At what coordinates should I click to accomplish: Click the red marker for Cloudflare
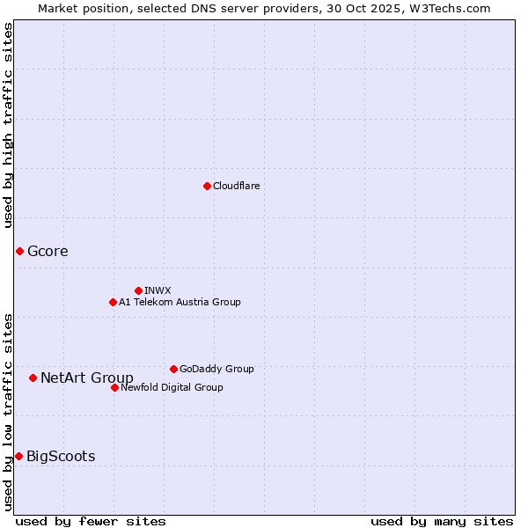click(207, 186)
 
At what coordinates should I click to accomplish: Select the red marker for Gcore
click(19, 251)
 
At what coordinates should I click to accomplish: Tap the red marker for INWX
click(138, 290)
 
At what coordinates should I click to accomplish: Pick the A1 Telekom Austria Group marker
click(113, 302)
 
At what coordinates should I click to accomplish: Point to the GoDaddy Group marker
click(173, 369)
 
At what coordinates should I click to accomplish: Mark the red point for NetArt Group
click(33, 378)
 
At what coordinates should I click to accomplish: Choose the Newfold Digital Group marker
click(114, 387)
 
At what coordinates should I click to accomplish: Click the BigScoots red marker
click(18, 456)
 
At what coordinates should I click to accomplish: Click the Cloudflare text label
click(237, 186)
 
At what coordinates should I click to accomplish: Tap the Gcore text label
click(48, 251)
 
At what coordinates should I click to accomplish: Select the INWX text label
click(158, 290)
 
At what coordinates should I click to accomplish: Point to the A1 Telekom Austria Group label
click(180, 302)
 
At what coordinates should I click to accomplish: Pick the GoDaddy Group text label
click(216, 369)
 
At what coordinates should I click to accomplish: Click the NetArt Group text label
click(87, 378)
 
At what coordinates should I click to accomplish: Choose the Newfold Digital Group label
click(172, 387)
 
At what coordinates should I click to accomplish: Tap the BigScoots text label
click(61, 456)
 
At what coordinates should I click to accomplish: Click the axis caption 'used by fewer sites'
click(91, 521)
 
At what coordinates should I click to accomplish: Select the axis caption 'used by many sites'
click(442, 521)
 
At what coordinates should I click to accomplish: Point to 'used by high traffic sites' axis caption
click(8, 125)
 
